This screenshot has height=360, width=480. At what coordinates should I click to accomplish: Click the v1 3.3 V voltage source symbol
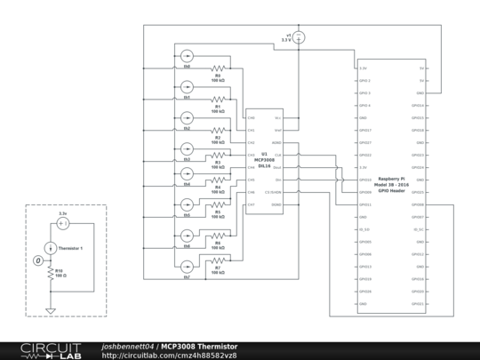pos(299,36)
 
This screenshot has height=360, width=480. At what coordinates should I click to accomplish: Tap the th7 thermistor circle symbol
pos(187,267)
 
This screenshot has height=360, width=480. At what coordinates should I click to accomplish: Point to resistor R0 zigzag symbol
pos(218,68)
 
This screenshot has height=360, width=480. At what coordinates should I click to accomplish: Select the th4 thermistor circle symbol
pos(187,173)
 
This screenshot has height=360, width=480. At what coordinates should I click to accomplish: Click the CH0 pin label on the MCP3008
pos(252,117)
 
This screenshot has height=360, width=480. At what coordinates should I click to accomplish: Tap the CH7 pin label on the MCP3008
pos(252,204)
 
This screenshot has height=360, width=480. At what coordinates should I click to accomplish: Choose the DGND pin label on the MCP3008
pos(276,204)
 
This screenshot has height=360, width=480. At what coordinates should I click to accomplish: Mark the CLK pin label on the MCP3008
pos(277,155)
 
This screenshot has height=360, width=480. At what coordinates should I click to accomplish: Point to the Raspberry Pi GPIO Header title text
pos(391,184)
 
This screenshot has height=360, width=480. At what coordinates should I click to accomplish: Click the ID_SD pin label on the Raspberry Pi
pos(364,228)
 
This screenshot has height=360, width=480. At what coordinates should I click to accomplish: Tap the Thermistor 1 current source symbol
pos(52,247)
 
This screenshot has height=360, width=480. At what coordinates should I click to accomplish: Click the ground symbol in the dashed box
pos(52,310)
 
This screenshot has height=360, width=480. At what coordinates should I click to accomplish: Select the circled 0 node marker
pos(37,260)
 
